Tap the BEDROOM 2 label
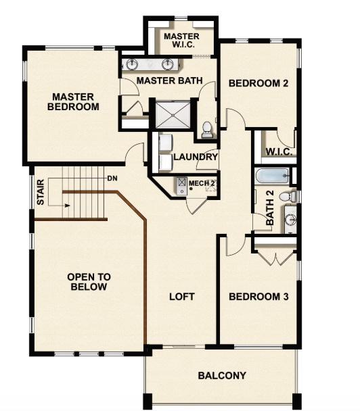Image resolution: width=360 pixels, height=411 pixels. click(x=258, y=84)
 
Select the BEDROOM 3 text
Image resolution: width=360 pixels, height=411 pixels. click(x=258, y=297)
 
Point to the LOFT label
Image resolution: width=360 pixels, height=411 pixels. click(x=181, y=297)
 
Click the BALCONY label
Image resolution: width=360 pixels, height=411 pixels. click(x=221, y=376)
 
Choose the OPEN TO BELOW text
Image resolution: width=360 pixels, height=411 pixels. click(x=89, y=282)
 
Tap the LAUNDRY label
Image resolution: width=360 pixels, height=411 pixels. click(x=196, y=158)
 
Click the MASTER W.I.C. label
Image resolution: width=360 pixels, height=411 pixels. click(x=181, y=40)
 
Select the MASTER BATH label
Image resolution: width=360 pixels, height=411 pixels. click(x=169, y=80)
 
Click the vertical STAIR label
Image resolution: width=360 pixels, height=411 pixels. click(x=41, y=191)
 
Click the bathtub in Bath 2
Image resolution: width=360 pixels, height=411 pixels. click(x=272, y=178)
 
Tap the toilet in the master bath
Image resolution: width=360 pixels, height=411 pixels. click(x=207, y=128)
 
